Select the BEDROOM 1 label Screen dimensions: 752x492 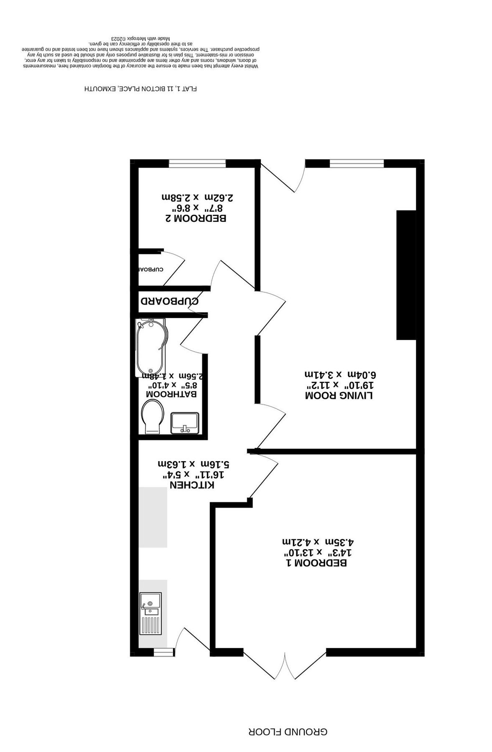[316, 563]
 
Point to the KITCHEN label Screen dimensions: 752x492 [192, 485]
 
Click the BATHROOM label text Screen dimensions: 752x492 [171, 394]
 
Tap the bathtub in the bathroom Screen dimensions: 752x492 [151, 347]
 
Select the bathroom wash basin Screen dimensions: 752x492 [185, 422]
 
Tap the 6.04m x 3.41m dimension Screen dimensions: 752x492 [338, 373]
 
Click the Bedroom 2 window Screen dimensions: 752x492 [197, 163]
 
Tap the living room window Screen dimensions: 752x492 [356, 163]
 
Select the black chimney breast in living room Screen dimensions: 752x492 [406, 275]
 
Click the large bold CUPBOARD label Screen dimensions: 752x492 [169, 301]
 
